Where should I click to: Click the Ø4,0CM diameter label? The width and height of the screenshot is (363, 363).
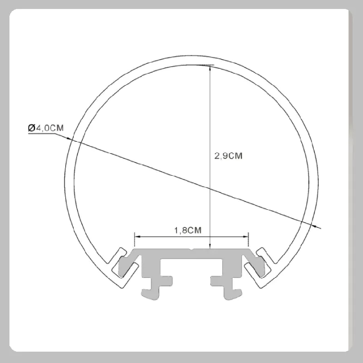click(45, 128)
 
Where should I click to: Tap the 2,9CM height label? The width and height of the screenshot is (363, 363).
click(228, 156)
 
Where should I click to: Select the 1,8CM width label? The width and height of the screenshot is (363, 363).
click(188, 230)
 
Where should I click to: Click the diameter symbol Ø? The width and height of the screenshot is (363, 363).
click(32, 128)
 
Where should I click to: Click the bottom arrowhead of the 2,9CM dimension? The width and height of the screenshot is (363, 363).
click(210, 246)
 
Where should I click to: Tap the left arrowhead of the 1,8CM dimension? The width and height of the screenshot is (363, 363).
click(138, 237)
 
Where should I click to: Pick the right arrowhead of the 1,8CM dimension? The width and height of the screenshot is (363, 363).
click(245, 237)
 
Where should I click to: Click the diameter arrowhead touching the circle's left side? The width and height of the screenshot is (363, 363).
click(69, 138)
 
